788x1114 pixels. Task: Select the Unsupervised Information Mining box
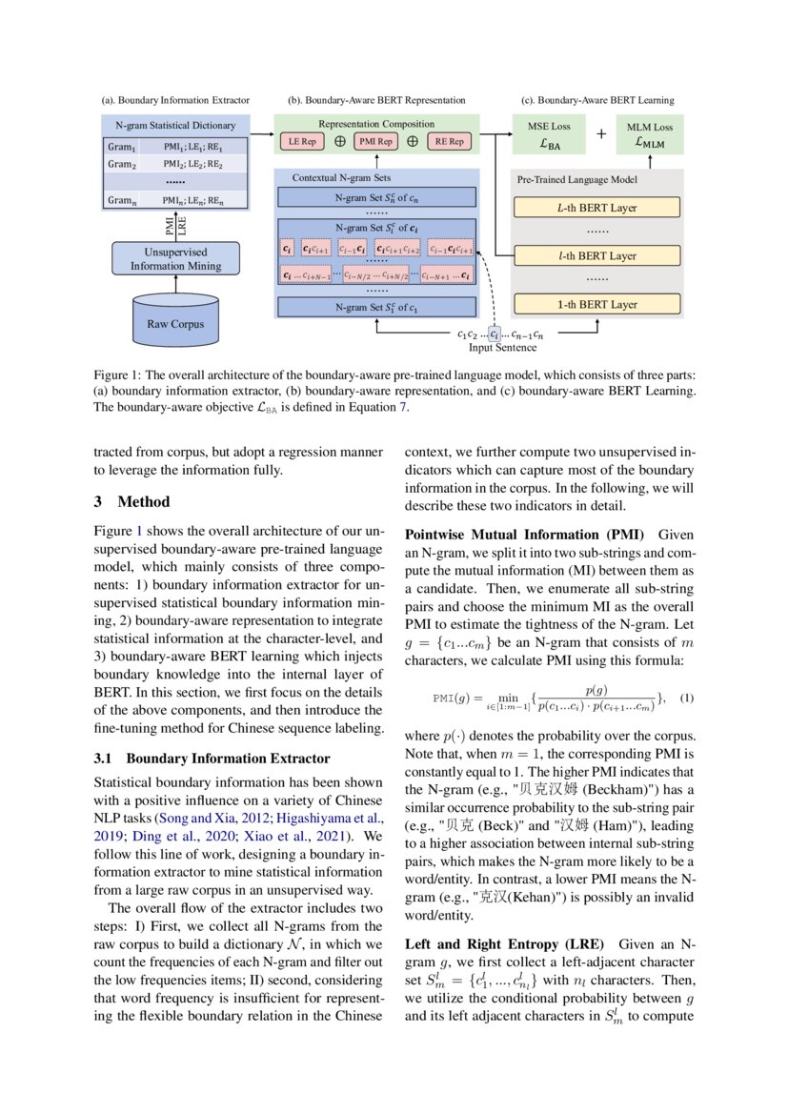(x=174, y=258)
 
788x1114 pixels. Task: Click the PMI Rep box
(x=374, y=141)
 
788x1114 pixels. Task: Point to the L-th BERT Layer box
(x=596, y=208)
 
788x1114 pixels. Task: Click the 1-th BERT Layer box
(x=596, y=305)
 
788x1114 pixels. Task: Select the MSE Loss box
(x=550, y=136)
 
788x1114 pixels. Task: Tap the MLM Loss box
(x=649, y=136)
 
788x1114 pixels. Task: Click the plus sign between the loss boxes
(x=600, y=134)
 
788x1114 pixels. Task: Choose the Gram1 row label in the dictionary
(x=122, y=147)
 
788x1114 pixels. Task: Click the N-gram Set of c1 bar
(x=377, y=307)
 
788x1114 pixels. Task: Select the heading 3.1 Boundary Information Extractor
(x=212, y=759)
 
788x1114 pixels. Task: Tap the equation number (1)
(x=687, y=699)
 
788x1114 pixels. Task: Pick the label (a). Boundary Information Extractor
(x=175, y=99)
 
